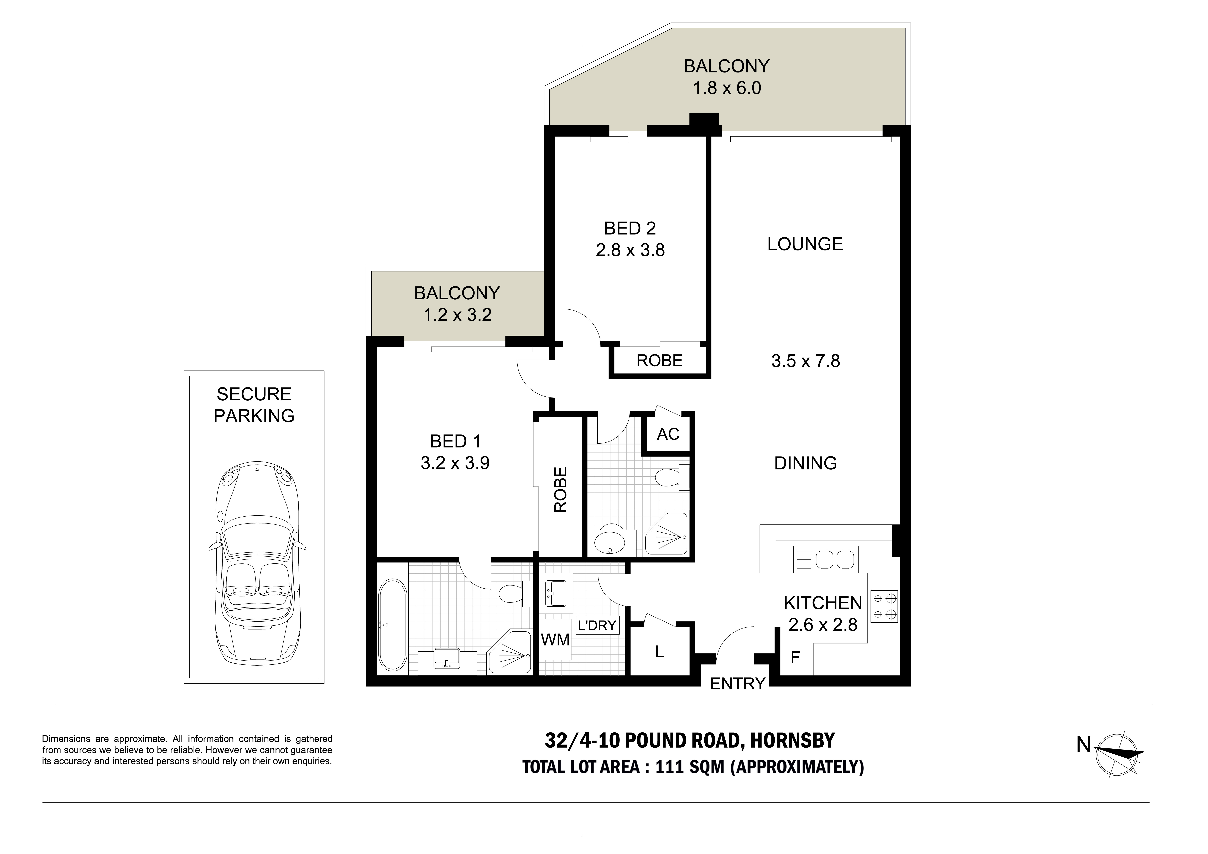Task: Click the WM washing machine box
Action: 555,640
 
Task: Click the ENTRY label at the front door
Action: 737,684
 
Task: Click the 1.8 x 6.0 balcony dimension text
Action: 727,88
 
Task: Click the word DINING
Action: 805,463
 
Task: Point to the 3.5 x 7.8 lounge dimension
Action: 805,361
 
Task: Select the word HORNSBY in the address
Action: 792,741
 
